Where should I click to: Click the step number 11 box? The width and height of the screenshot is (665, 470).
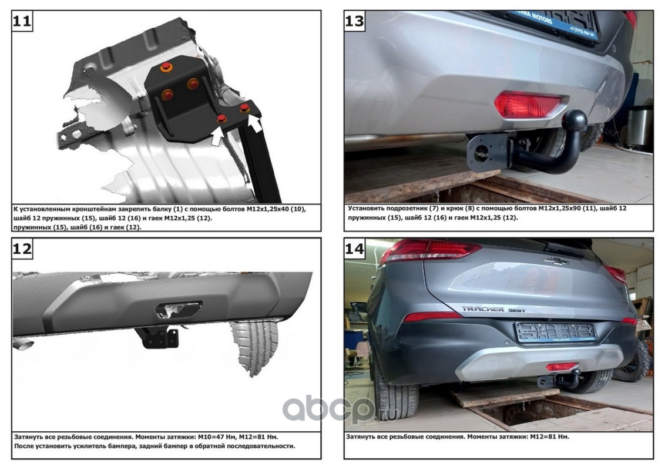(x=22, y=21)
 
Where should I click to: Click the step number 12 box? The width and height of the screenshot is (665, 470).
(x=22, y=248)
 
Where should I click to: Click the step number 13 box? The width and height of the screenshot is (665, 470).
(x=355, y=21)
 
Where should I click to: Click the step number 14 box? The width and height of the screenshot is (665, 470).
(x=355, y=248)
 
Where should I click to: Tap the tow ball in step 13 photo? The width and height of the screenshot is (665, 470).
(x=575, y=121)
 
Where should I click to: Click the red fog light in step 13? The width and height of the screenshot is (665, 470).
(x=527, y=104)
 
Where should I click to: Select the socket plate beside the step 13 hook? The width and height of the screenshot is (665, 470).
(x=488, y=153)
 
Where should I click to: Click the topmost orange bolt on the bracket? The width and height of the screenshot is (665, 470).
(x=166, y=67)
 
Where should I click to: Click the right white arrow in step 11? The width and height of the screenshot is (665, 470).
(x=254, y=123)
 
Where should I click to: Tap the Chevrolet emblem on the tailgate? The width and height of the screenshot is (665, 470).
(x=556, y=261)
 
